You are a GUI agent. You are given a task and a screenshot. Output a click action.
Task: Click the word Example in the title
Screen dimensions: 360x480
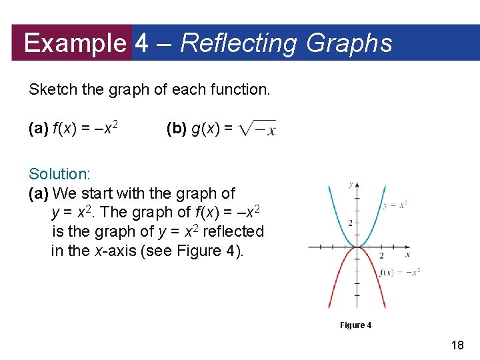(74, 43)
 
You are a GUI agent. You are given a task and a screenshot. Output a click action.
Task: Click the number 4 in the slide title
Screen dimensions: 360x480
(141, 43)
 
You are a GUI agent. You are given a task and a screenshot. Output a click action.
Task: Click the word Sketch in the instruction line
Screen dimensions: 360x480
(51, 89)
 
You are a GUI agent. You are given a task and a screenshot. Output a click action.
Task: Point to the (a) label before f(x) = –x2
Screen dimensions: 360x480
(39, 129)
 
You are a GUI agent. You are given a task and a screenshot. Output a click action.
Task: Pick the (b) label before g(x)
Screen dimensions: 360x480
(177, 129)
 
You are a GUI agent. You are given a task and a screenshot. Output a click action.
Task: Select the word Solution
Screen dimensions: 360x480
(59, 174)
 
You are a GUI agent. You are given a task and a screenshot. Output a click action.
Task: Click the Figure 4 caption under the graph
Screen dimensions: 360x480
(355, 325)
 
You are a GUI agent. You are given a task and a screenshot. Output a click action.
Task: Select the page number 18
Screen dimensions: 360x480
(457, 345)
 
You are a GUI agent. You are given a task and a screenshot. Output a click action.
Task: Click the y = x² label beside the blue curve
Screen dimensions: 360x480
(395, 205)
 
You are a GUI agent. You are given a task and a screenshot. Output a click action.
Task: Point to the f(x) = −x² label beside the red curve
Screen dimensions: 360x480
(399, 272)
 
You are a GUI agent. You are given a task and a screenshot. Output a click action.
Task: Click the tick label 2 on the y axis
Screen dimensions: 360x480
(350, 222)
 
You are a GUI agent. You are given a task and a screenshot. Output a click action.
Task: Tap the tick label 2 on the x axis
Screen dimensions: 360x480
(381, 255)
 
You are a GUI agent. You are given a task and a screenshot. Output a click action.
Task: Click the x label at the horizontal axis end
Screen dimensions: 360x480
(407, 254)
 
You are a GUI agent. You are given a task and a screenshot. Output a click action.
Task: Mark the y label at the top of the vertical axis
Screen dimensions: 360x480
(351, 184)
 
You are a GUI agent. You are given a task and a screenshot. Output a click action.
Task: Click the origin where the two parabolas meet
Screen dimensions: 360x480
(358, 247)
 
